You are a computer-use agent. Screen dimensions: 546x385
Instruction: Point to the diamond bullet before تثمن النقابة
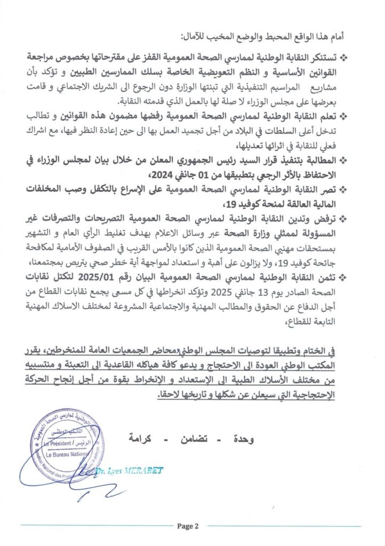coord(343,277)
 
